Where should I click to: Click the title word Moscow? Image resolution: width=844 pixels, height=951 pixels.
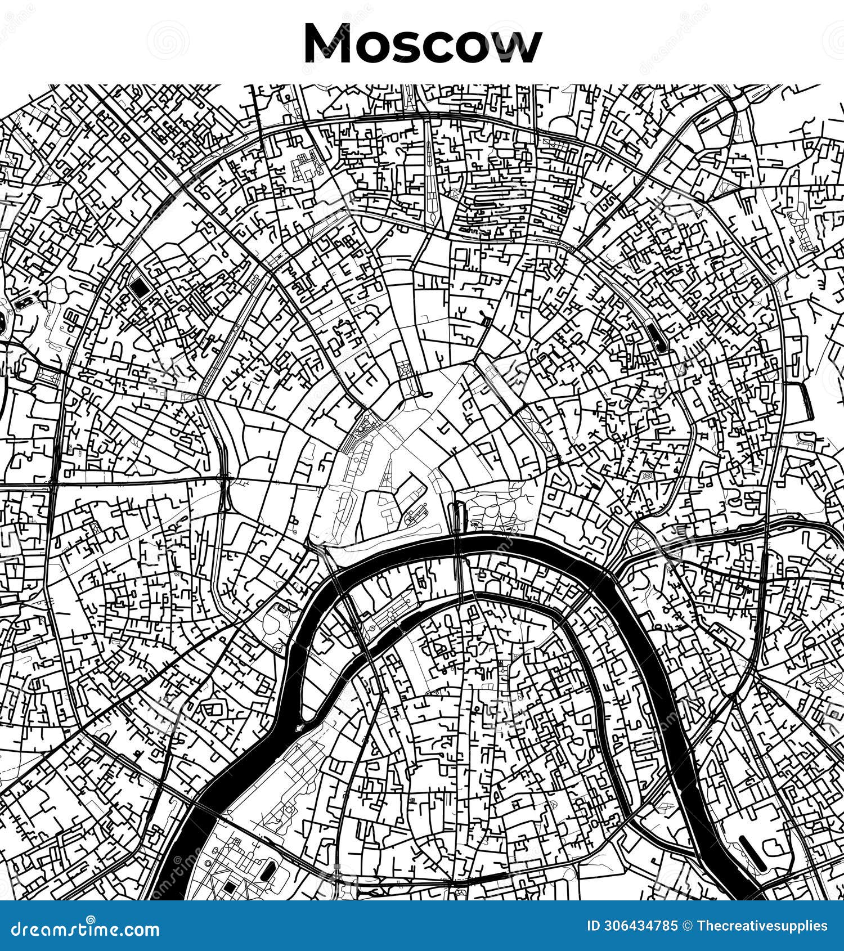coord(422,44)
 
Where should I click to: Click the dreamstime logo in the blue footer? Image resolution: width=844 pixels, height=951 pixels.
coord(86,928)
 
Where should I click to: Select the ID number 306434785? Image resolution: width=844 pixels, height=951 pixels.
coord(640,926)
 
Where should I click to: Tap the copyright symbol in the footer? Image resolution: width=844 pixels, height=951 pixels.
coord(686,926)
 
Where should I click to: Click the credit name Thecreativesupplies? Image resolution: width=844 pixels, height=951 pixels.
coord(762,926)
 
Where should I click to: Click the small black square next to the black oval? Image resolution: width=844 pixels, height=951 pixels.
coord(230,887)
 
